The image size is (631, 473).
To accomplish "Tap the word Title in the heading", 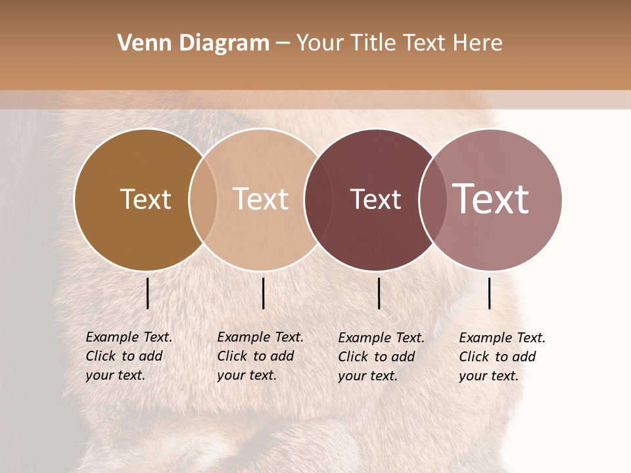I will click(371, 43).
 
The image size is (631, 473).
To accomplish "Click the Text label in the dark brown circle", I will click(145, 199).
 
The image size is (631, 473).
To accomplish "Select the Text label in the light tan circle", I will click(260, 199).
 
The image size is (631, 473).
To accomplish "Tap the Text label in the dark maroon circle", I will click(375, 199).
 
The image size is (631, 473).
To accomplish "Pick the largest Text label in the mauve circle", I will click(490, 199).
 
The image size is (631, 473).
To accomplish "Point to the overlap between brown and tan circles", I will click(203, 200).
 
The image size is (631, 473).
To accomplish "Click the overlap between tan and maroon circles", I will click(318, 200).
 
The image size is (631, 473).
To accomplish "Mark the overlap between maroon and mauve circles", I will click(432, 200).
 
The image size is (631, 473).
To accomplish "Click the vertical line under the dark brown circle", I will click(148, 293).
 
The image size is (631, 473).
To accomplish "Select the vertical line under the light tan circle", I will click(263, 293).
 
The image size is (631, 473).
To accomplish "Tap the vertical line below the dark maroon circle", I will click(379, 293).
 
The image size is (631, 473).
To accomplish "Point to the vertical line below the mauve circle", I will click(489, 293).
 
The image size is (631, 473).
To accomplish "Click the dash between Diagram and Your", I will click(283, 44).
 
